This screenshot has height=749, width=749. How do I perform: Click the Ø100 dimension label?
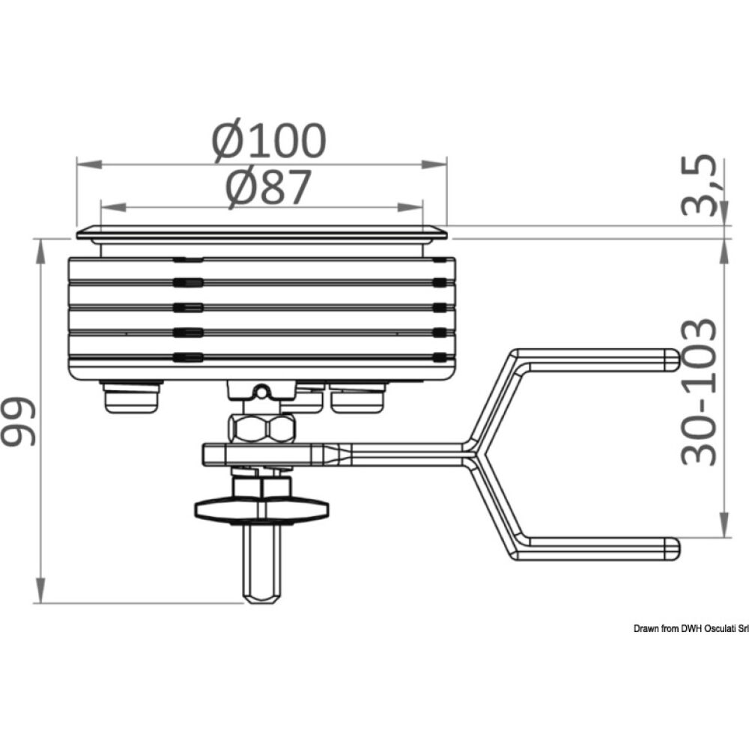(270, 141)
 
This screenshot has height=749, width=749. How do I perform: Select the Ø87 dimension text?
(268, 187)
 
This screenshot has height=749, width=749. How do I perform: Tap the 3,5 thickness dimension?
(699, 185)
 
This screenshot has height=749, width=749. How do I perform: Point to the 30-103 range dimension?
(699, 392)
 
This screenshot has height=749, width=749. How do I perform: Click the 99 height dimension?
(19, 422)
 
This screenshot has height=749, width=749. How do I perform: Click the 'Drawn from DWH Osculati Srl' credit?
(691, 628)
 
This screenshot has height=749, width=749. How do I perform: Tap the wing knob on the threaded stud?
(261, 509)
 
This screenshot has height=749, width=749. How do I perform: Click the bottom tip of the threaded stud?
(261, 602)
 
